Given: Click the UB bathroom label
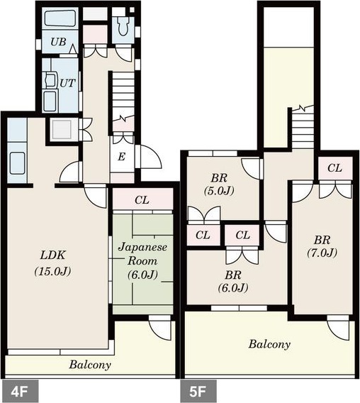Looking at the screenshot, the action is point(58,42).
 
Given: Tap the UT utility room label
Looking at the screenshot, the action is point(67,83).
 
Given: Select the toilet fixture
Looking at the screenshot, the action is point(123,26).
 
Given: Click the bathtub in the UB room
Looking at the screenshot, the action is point(61,18).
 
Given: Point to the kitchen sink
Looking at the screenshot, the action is point(18,162).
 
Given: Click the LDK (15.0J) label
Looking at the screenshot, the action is point(52,263).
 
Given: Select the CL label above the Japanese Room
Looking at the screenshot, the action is point(142,199).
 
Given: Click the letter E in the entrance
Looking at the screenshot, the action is point(121,156).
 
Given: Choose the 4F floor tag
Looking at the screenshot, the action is point(20,391).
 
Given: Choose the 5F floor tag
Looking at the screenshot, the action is point(198,391).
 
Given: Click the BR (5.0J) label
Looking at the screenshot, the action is point(219,184).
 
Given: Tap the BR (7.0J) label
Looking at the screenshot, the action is point(322,247).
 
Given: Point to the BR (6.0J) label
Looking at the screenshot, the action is point(233,282).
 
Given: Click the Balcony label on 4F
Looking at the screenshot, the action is point(90,365).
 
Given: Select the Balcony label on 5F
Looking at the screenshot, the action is point(269,344).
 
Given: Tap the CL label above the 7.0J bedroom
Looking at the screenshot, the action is point(334,168).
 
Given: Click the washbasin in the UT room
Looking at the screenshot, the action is point(50,79).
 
